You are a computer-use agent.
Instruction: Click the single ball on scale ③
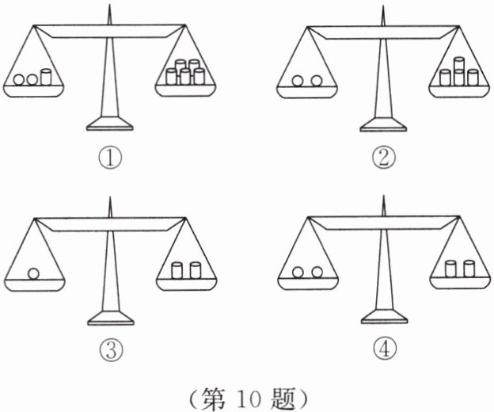(x=33, y=274)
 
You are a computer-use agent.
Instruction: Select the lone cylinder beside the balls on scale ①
(x=45, y=78)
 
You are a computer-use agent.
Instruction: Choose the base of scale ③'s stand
(x=111, y=319)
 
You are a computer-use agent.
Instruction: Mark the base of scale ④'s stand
(x=385, y=319)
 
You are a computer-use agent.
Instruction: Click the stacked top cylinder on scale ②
(x=459, y=65)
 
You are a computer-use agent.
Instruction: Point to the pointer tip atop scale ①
(x=109, y=6)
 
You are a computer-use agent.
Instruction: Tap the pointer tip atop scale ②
(x=383, y=6)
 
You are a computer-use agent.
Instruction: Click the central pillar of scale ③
(x=110, y=269)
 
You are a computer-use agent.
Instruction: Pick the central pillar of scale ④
(x=384, y=269)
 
